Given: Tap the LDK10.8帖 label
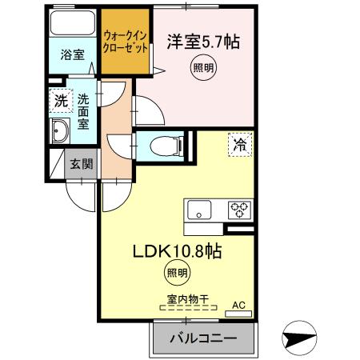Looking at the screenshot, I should pyautogui.click(x=178, y=250).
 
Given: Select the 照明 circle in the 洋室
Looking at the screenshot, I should pyautogui.click(x=202, y=70).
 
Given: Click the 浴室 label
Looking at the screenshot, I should pyautogui.click(x=73, y=55).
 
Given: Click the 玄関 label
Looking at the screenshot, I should pyautogui.click(x=80, y=164).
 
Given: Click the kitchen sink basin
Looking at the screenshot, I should pyautogui.click(x=199, y=211).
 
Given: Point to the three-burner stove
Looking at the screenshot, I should pyautogui.click(x=238, y=211).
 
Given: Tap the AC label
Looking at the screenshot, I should pyautogui.click(x=238, y=305).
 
